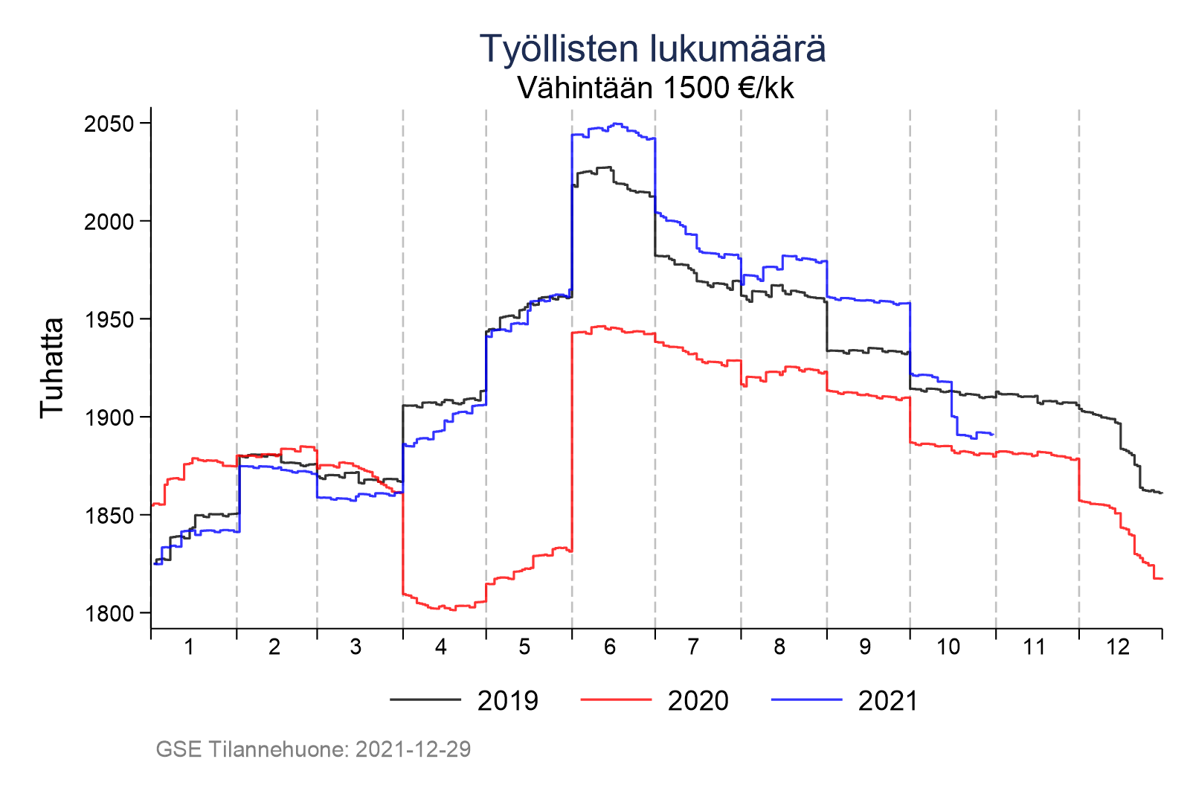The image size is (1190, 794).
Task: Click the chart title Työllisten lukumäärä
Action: [652, 49]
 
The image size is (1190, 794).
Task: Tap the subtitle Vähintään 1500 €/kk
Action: [655, 88]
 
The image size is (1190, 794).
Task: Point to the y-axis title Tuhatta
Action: [53, 368]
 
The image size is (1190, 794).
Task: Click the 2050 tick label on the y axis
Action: [109, 124]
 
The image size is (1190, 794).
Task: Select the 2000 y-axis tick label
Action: [109, 222]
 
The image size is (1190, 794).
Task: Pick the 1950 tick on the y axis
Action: [109, 320]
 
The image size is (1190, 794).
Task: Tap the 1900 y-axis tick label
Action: [109, 417]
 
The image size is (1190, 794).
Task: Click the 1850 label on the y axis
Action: [109, 516]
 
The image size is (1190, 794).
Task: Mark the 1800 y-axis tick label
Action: [109, 614]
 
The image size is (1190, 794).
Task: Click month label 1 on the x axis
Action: [189, 647]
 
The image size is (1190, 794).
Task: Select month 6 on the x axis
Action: [610, 647]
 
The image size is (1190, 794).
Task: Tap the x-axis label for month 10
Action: [948, 647]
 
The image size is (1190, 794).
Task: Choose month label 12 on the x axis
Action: [1118, 647]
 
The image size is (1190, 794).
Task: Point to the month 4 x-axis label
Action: [441, 647]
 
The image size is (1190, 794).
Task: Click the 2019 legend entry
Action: [507, 701]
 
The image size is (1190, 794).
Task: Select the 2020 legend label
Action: [698, 701]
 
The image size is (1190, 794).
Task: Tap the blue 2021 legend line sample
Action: [807, 700]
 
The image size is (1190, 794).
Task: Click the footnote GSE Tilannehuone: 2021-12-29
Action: [313, 749]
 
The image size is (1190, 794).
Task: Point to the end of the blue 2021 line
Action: [994, 434]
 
